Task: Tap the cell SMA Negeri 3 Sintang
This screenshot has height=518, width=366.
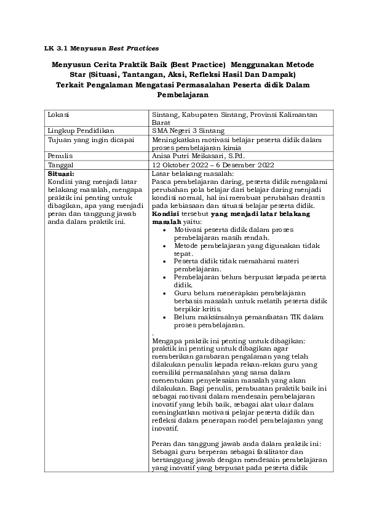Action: pos(188,130)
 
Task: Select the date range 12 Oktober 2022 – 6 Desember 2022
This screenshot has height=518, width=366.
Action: pos(212,165)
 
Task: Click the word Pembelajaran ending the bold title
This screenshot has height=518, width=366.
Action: pos(183,95)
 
